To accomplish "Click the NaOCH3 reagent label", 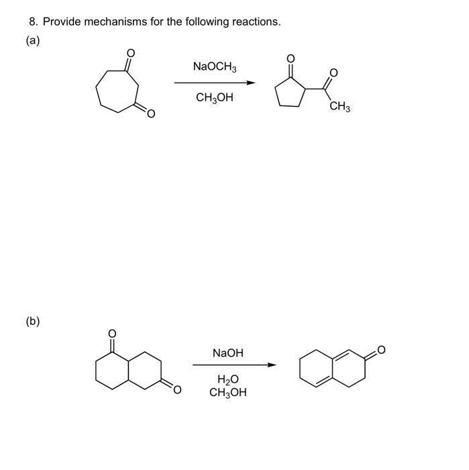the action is coord(214,66).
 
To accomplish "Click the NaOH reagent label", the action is coord(227,352).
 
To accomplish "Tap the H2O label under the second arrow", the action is coord(228,380).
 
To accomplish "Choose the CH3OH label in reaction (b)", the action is coord(228,393).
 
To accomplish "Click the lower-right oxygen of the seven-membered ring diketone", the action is coord(151,114).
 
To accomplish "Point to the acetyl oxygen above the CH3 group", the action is coord(334,73).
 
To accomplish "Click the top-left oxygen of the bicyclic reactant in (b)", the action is coord(112,333).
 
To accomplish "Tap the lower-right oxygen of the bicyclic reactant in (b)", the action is coord(177,389).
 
